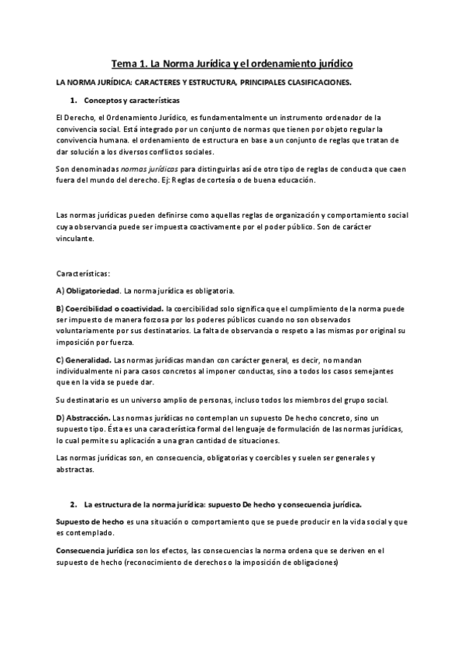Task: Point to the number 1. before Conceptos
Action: point(73,101)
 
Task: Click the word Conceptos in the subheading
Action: point(105,101)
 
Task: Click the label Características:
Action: point(83,273)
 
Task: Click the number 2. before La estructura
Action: point(73,503)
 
